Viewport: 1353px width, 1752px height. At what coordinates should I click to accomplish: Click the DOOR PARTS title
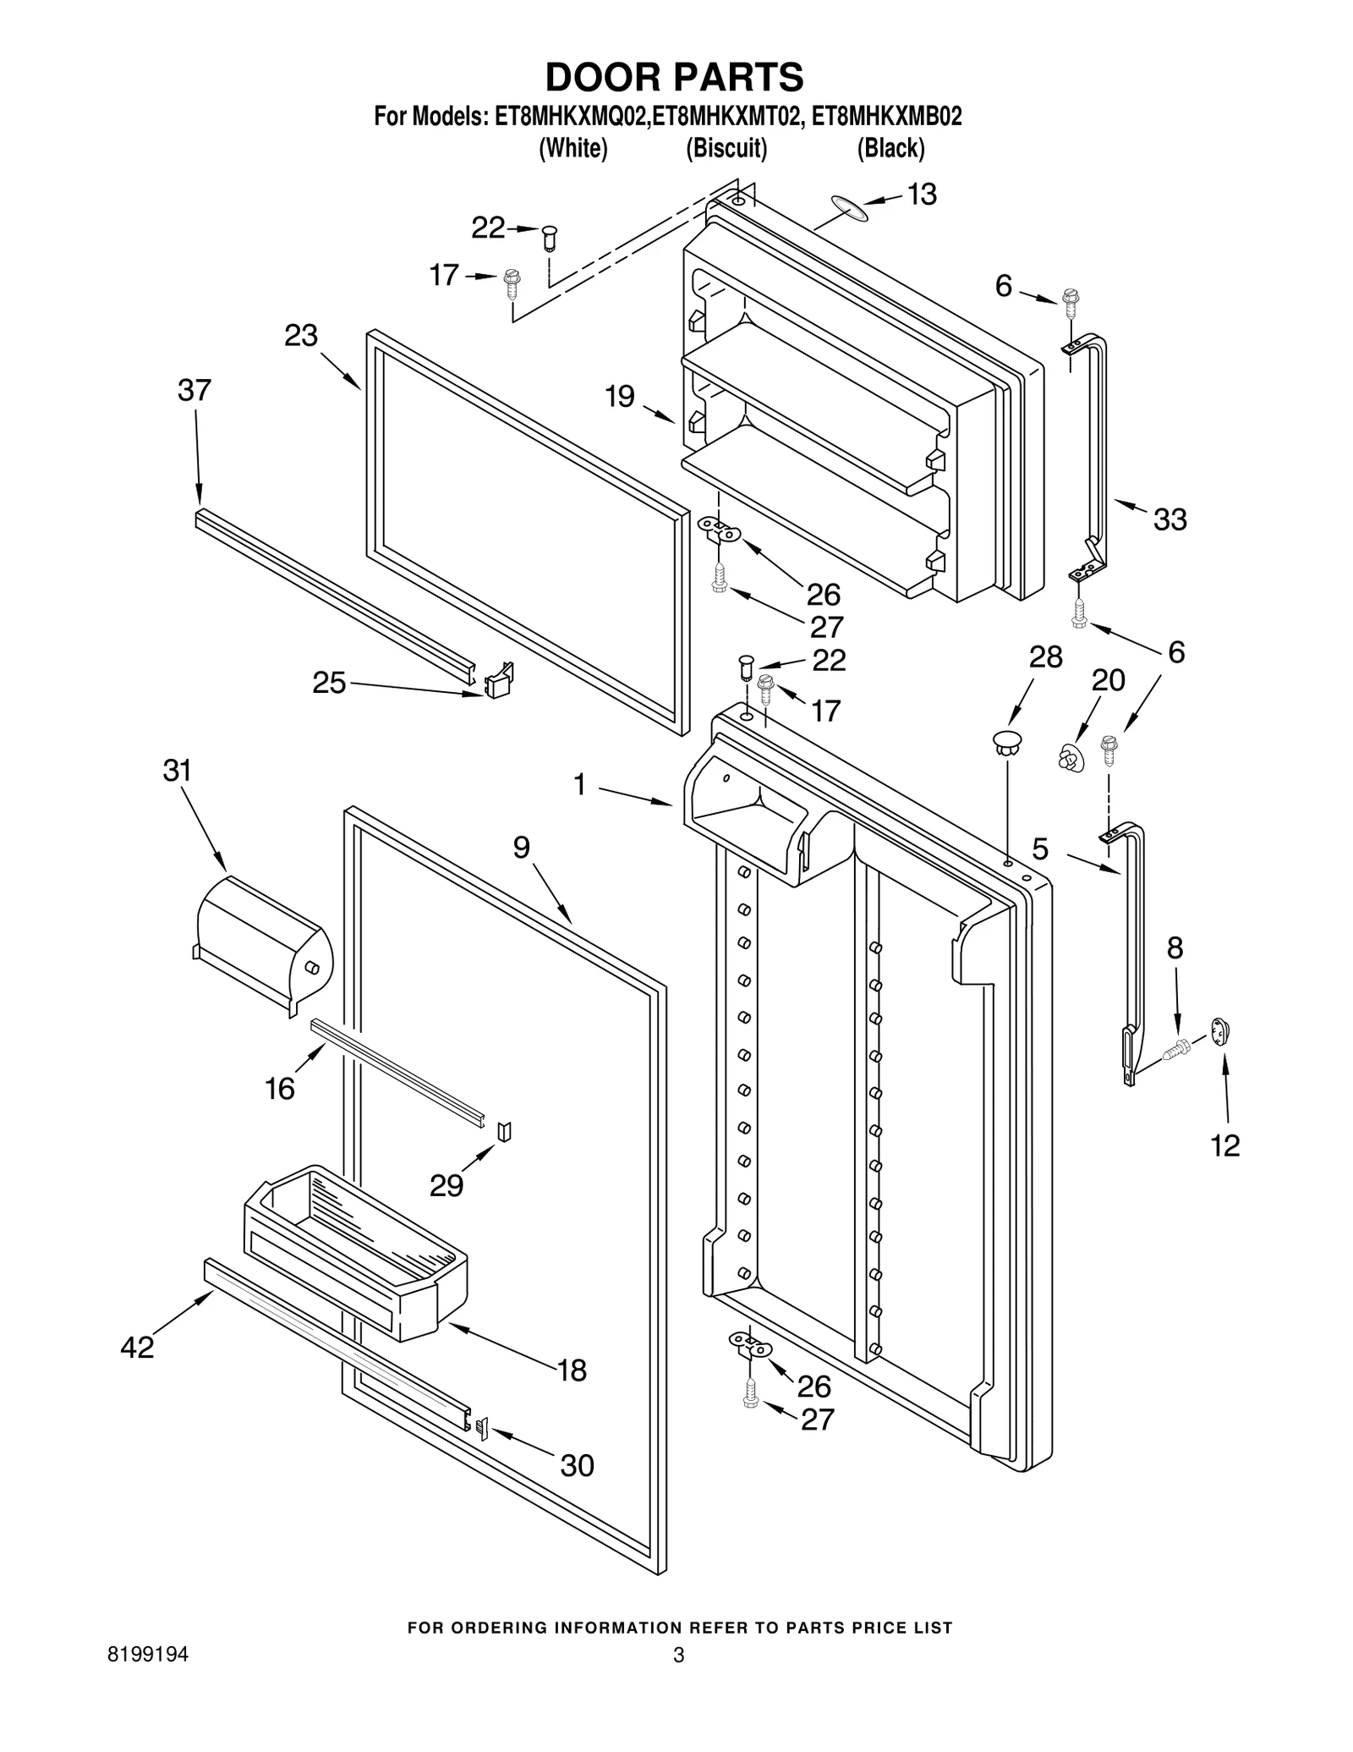click(674, 77)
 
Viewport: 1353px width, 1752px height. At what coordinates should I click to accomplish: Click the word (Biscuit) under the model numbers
click(726, 148)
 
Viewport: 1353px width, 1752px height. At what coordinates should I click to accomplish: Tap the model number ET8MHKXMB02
click(886, 117)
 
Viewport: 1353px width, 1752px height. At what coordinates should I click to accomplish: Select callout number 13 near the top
click(922, 195)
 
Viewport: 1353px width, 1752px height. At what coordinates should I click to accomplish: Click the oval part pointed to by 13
click(849, 208)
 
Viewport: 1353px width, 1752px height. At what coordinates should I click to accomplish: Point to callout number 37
click(194, 391)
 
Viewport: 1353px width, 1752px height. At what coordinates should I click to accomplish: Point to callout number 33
click(1169, 519)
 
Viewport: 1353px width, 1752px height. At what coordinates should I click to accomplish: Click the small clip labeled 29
click(504, 1131)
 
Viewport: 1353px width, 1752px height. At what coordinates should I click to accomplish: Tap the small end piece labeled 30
click(482, 1429)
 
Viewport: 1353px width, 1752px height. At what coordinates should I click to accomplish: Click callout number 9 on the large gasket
click(521, 847)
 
